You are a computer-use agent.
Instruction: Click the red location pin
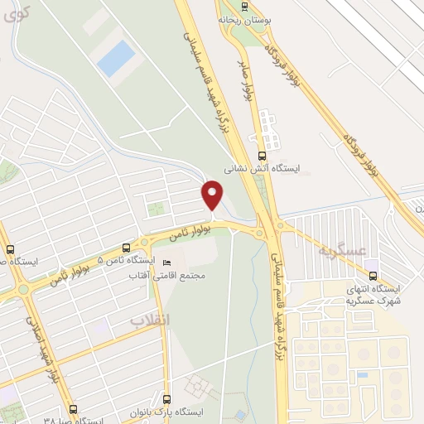click(213, 195)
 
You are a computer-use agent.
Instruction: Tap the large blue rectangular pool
click(115, 60)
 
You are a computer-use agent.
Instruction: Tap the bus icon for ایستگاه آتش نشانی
click(263, 154)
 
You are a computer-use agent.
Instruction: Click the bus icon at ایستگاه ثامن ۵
click(126, 247)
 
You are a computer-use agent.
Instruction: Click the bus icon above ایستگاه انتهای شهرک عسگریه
click(372, 275)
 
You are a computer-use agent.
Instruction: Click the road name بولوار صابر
click(245, 80)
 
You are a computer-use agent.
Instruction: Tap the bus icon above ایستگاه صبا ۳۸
click(73, 408)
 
